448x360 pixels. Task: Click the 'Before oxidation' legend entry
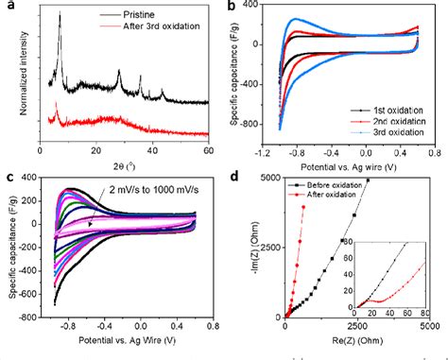[352, 188]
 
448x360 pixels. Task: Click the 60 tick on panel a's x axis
[207, 150]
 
